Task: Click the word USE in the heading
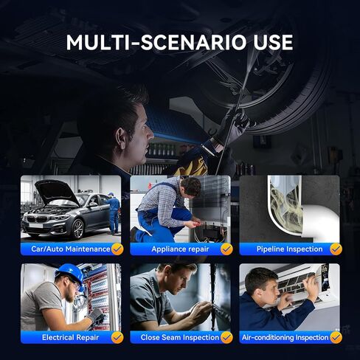coord(271,42)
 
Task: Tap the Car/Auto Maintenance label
coord(66,249)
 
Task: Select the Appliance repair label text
coord(174,249)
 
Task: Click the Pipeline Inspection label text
coord(284,249)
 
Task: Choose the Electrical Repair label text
coord(65,337)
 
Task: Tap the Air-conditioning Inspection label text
coord(285,337)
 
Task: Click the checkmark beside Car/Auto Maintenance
coord(117,249)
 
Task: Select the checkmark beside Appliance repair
coord(226,249)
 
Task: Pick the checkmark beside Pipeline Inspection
coord(336,249)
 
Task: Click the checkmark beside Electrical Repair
coord(117,337)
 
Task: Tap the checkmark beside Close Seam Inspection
coord(226,337)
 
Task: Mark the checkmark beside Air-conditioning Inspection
coord(336,337)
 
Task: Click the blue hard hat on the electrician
coord(70,274)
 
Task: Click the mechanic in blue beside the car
coord(112,213)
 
